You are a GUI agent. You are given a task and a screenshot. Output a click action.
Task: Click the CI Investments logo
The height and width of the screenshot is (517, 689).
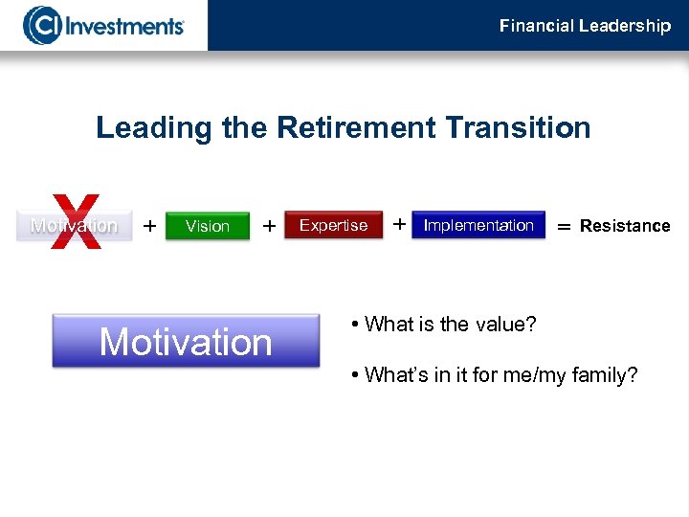103,25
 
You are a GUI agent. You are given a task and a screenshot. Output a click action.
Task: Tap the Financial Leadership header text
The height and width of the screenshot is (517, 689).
585,26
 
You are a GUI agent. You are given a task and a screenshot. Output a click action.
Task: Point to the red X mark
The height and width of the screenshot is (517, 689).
76,221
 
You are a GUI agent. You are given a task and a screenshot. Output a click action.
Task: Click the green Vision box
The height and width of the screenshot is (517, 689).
208,226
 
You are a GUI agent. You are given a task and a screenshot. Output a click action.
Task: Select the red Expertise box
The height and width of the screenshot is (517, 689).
333,225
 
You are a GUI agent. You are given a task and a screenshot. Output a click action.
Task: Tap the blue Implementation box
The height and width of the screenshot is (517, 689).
478,225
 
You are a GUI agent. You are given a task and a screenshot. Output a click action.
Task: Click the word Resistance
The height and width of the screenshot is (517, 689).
625,226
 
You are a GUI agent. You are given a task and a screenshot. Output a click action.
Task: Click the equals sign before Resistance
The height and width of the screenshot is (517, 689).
564,227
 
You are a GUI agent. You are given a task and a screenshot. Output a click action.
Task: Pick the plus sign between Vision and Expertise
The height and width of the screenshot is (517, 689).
270,226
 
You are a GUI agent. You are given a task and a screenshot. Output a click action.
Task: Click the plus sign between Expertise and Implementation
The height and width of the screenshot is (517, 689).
398,224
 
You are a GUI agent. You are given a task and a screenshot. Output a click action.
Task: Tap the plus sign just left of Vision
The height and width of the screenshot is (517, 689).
149,226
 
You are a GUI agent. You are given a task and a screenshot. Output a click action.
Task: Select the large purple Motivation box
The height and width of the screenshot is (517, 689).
186,341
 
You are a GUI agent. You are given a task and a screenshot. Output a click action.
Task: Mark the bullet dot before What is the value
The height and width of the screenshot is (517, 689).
354,325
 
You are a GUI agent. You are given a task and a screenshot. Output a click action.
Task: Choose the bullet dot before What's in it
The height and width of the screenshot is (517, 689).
354,375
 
